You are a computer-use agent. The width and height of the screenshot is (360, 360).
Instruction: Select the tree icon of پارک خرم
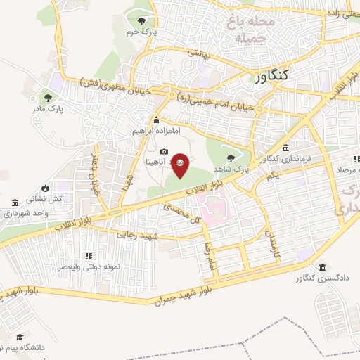click(143, 20)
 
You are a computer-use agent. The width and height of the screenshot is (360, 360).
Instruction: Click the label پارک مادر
click(47, 110)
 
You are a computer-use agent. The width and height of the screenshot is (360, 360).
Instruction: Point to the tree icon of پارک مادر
click(48, 98)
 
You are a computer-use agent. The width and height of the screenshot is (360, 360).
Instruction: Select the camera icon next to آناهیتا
click(164, 152)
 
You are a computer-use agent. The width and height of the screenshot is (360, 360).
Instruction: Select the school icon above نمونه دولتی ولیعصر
click(89, 256)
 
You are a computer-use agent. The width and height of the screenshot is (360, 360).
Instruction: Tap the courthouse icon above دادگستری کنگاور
click(322, 268)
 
